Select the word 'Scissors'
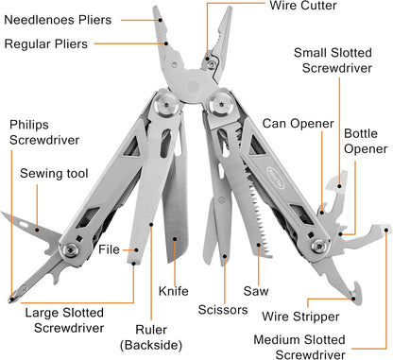pyautogui.click(x=223, y=308)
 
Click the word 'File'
pyautogui.click(x=109, y=250)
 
